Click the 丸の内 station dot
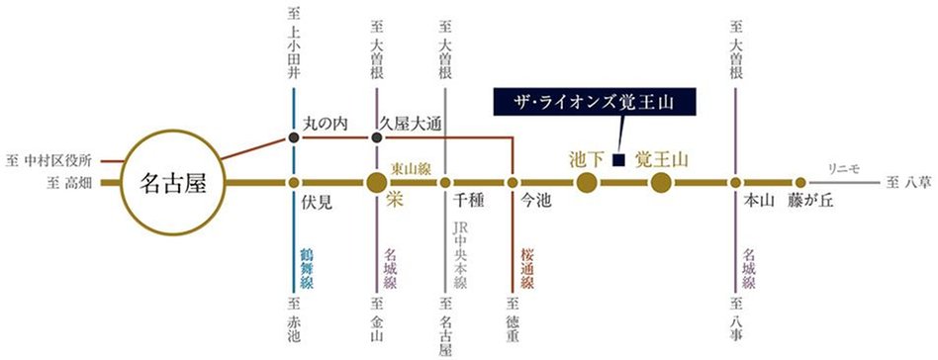click(x=294, y=137)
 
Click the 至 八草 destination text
click(x=907, y=183)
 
